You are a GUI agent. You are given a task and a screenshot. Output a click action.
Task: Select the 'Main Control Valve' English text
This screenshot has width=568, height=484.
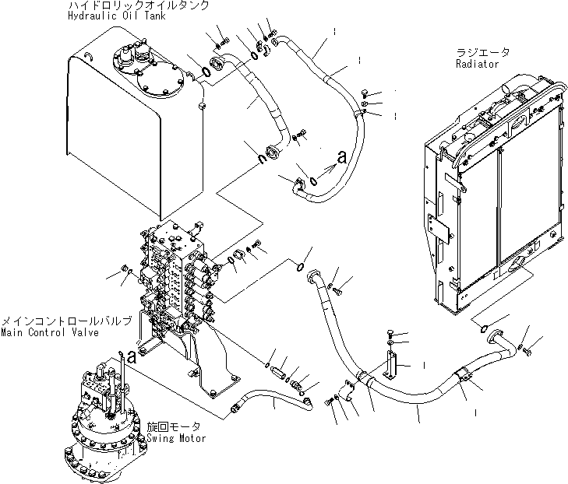pos(50,333)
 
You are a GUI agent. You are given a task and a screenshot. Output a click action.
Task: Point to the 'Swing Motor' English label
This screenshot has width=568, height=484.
pos(176,438)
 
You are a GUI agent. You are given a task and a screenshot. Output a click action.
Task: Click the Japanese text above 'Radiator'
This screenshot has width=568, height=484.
pos(483,52)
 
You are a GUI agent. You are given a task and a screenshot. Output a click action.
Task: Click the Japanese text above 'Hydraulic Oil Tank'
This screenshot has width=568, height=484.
pos(138,5)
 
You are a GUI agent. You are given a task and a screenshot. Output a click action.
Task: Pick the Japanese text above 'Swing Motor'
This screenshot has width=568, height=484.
pos(173,426)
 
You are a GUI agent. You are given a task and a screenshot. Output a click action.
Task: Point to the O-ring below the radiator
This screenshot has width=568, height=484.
pos(483,324)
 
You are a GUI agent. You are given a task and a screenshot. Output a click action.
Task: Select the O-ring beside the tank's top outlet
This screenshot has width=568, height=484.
pos(204,72)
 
